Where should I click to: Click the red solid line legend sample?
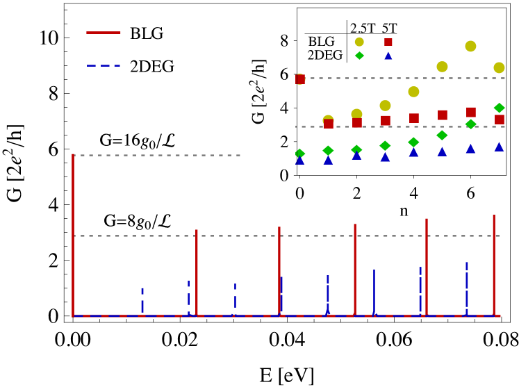coord(103,33)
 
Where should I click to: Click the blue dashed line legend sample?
coord(103,65)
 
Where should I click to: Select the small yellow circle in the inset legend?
coord(359,42)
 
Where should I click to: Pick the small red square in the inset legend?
coord(388,42)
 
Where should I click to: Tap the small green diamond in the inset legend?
coord(359,56)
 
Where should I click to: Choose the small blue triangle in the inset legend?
coord(388,56)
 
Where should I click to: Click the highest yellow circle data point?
coord(470,46)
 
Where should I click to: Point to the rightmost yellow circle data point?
coord(499,67)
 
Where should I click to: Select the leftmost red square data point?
coord(300,79)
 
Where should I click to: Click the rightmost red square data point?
coord(499,120)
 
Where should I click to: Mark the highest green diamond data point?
coord(499,108)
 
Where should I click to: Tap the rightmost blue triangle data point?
coord(499,147)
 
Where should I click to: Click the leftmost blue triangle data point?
coord(300,160)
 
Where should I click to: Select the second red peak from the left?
coord(197,271)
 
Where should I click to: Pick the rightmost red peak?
coord(494,264)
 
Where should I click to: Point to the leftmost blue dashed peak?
coord(142,300)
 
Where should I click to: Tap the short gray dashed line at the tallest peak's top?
coord(157,155)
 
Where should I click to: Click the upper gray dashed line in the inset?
coord(403,78)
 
